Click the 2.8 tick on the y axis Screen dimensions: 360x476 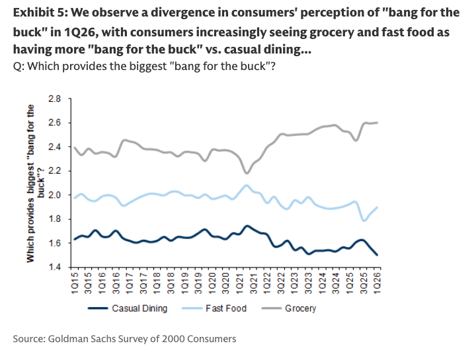[x=54, y=98]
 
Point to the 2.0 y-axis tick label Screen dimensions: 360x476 [x=54, y=195]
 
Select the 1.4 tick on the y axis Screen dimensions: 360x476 [x=54, y=267]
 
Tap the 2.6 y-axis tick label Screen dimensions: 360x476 [x=54, y=123]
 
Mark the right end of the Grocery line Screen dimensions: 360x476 [x=377, y=122]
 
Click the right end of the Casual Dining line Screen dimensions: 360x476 [x=377, y=255]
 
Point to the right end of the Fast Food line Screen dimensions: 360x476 [x=377, y=207]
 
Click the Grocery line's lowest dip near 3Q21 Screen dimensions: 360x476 [x=247, y=173]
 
